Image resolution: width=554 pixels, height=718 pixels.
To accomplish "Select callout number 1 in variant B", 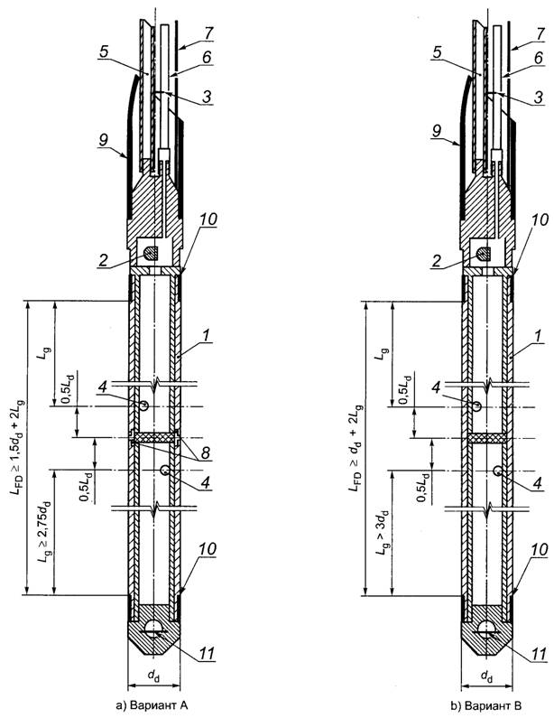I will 540,335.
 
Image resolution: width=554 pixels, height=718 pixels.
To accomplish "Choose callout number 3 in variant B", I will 540,97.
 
